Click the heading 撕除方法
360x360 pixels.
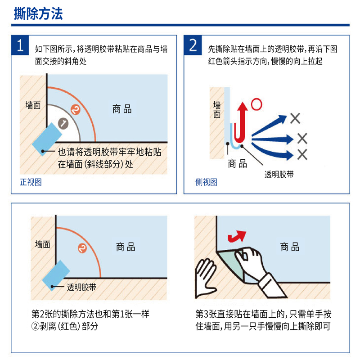pos(38,13)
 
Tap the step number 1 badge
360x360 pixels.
pos(20,45)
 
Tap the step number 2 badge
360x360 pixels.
pos(193,45)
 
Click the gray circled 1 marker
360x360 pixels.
pos(63,123)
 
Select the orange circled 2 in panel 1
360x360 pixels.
pos(76,109)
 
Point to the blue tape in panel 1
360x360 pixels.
pos(47,139)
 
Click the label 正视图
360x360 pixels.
pos(31,182)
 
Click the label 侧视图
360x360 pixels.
pos(206,182)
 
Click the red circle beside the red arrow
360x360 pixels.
pos(256,104)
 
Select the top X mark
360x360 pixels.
pos(295,118)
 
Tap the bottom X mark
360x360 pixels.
pos(302,154)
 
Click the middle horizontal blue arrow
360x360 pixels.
pos(273,139)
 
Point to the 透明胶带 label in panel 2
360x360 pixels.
pos(279,175)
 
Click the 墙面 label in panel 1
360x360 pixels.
pos(33,105)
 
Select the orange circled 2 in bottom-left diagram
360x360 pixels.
pos(82,248)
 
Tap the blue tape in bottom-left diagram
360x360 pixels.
pos(56,275)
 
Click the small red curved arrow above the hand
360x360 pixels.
pos(237,237)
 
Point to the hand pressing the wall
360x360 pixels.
pos(206,278)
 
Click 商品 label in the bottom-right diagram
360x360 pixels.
pos(289,247)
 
